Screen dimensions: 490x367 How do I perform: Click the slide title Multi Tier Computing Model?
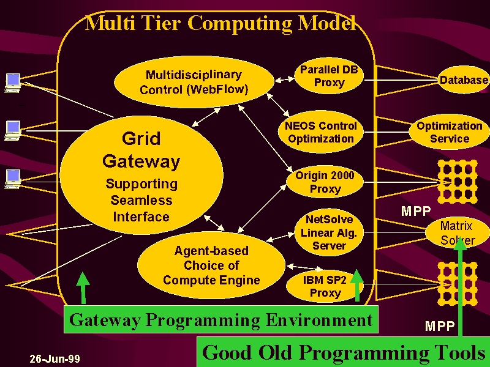point(221,23)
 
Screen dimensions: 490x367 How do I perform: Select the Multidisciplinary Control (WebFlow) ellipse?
point(194,82)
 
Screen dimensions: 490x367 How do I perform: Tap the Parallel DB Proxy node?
point(329,76)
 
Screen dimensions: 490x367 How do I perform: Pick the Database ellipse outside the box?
point(464,80)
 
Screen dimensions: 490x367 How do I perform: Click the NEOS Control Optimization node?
point(320,132)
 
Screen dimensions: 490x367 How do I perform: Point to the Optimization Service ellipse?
point(450,132)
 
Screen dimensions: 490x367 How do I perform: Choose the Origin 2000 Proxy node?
point(325,182)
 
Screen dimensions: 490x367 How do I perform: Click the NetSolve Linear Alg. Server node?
point(329,232)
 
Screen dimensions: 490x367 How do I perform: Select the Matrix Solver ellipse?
point(457,233)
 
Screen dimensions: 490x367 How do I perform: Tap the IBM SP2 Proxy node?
point(325,286)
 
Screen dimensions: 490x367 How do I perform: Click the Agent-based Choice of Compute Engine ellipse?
point(211,265)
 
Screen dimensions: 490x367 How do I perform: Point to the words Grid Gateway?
point(141,150)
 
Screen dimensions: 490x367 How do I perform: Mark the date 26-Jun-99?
point(55,359)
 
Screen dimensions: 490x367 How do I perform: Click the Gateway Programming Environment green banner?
point(221,319)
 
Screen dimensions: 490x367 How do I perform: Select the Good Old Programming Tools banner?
point(343,352)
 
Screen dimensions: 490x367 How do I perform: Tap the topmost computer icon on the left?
point(13,83)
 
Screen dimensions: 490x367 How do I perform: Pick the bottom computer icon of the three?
point(13,179)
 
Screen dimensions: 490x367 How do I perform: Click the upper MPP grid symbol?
point(458,182)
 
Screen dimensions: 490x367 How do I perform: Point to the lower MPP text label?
point(439,326)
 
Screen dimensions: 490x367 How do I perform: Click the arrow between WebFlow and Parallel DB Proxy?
point(284,80)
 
